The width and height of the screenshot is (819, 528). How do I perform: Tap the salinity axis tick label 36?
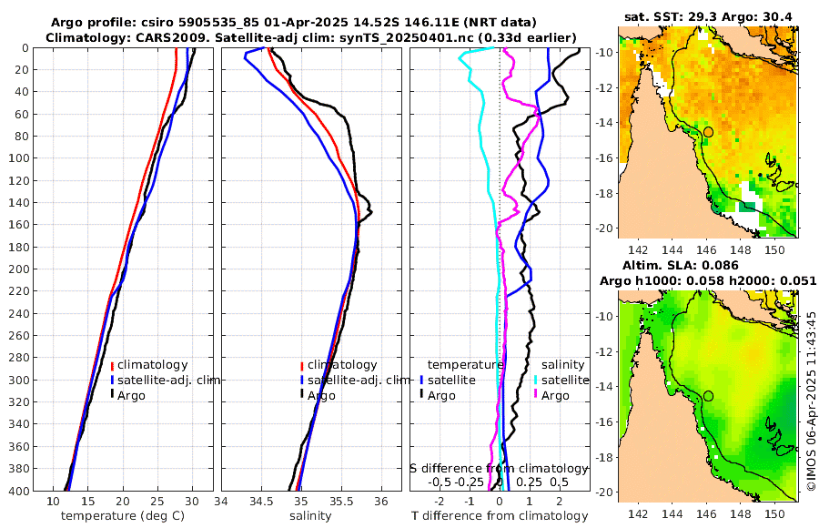tap(380, 501)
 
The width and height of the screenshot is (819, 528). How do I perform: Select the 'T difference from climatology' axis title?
tap(499, 515)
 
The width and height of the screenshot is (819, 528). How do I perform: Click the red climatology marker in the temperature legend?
tap(112, 365)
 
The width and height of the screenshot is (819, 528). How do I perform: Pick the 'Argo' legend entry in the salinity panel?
tap(320, 395)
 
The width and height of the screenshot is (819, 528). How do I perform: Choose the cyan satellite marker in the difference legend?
tap(535, 380)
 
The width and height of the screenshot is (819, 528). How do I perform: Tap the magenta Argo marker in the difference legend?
tap(535, 395)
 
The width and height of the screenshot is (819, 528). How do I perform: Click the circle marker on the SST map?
tap(708, 132)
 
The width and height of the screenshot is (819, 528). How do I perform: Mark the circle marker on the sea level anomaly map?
tap(708, 396)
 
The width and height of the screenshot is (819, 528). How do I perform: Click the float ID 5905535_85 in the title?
tap(212, 21)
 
